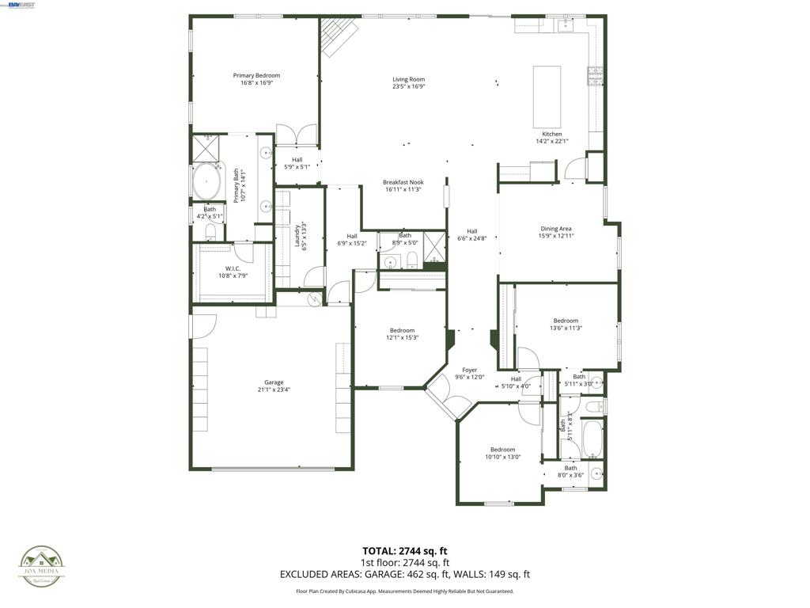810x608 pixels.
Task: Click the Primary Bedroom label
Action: (x=256, y=75)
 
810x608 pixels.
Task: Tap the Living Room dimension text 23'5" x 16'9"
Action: (x=409, y=87)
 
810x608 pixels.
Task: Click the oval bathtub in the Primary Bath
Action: (x=206, y=183)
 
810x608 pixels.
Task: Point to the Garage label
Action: (x=274, y=382)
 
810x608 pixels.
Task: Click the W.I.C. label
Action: (x=233, y=268)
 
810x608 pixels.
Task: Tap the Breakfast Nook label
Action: (x=403, y=182)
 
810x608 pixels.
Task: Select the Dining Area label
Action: (x=555, y=229)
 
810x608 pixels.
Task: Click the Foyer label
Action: (x=470, y=370)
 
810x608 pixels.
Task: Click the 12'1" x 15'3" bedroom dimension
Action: (x=402, y=338)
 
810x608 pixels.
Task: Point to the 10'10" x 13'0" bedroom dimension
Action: (x=502, y=457)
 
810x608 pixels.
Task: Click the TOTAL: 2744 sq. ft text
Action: (x=404, y=550)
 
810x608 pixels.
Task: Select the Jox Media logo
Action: (x=42, y=568)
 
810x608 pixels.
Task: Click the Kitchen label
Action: (x=551, y=134)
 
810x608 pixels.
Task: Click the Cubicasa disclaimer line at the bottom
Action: (x=404, y=591)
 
